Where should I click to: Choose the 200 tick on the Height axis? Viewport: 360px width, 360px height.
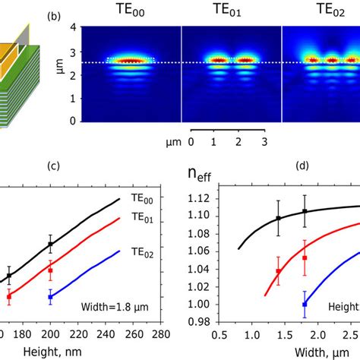pyautogui.click(x=49, y=334)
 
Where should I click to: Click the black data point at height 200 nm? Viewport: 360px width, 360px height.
pyautogui.click(x=50, y=245)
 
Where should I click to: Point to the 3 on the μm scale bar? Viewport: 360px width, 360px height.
pyautogui.click(x=264, y=142)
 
